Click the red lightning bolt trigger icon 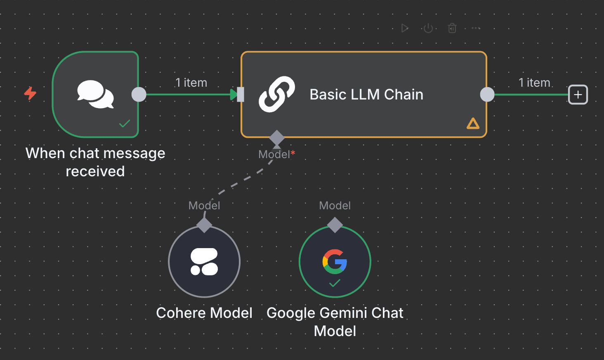(x=30, y=93)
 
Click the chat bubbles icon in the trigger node (x=95, y=95)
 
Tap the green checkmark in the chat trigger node (x=125, y=123)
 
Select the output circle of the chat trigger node (x=139, y=95)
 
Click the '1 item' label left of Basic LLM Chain (x=191, y=83)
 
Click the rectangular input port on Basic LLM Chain (x=240, y=95)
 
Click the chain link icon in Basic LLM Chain (x=277, y=95)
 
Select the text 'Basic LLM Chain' (x=366, y=95)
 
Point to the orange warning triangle (x=473, y=123)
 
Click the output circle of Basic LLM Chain (x=487, y=95)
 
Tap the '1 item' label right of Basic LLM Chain (x=534, y=83)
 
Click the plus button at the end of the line (x=578, y=95)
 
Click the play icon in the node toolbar (x=405, y=28)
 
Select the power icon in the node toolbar (x=428, y=28)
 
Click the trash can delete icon (x=452, y=28)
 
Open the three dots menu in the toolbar (x=476, y=28)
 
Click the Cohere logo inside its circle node (x=204, y=262)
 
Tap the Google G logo (x=335, y=261)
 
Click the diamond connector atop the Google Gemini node (x=335, y=225)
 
